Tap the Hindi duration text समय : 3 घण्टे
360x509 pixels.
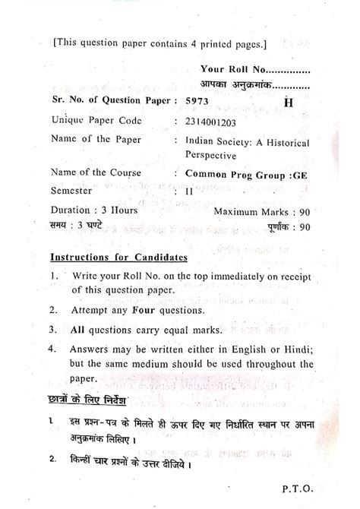coord(79,226)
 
